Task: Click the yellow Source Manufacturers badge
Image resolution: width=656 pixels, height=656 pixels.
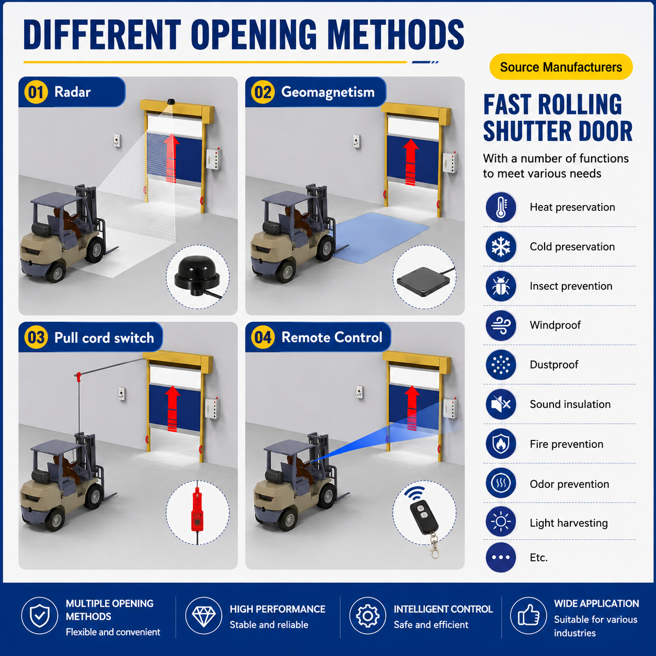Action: coord(561,67)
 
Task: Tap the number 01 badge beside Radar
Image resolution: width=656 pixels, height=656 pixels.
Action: coord(36,92)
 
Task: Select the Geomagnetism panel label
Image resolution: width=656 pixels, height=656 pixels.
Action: coord(328,92)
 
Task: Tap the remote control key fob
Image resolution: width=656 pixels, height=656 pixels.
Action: coord(424,517)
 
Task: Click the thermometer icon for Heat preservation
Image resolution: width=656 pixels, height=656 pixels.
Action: coord(501,207)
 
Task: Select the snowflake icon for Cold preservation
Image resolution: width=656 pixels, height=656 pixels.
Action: coord(501,246)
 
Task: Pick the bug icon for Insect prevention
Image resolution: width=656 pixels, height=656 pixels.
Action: coord(501,286)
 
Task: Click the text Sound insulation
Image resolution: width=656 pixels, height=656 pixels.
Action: coord(570,404)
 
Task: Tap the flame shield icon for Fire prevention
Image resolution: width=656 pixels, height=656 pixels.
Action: coord(501,444)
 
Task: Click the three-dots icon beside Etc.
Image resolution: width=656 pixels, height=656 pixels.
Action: coord(501,557)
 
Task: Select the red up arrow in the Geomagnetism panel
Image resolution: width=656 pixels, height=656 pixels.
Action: coord(411,162)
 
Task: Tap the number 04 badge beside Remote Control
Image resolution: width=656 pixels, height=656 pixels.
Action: coord(263,337)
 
